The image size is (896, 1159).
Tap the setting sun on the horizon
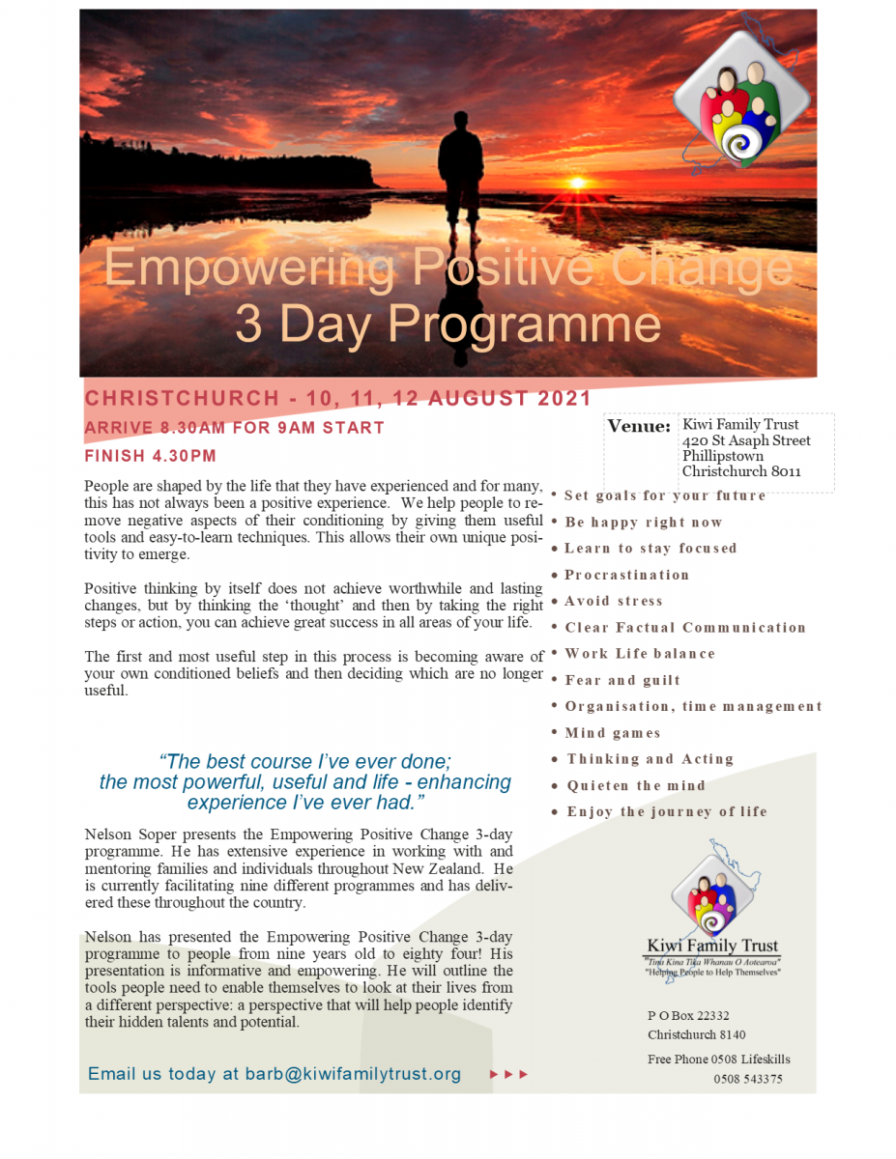click(577, 183)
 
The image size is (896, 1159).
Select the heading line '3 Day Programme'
click(448, 325)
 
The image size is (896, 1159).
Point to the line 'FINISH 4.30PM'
click(151, 456)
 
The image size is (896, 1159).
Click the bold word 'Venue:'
click(639, 426)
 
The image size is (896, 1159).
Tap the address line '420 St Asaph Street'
click(746, 440)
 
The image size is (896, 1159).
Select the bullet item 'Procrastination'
click(627, 575)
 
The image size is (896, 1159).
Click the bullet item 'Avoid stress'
click(614, 601)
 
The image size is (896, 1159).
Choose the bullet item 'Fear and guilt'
click(622, 680)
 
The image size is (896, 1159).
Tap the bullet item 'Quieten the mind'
click(636, 785)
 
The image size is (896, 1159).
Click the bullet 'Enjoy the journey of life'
click(667, 811)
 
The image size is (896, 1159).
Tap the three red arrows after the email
click(509, 1074)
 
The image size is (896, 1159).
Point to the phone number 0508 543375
click(748, 1079)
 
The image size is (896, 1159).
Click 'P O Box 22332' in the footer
click(688, 1015)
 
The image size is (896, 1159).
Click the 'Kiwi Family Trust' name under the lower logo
click(712, 946)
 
